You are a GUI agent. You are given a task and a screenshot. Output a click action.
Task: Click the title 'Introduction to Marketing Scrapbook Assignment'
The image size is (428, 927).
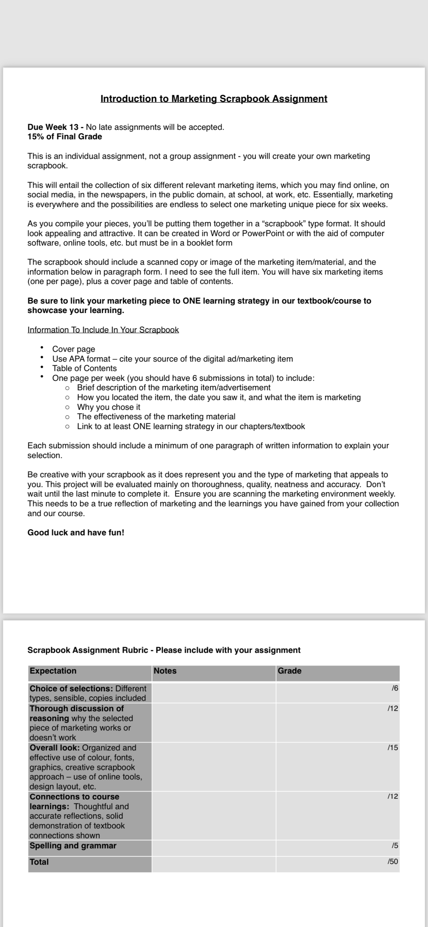214,99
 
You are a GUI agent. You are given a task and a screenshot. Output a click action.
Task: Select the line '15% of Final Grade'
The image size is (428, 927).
65,137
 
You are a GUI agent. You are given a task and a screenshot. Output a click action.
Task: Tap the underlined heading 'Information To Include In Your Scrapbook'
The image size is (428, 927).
103,330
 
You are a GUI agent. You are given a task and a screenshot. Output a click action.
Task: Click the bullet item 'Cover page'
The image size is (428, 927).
74,349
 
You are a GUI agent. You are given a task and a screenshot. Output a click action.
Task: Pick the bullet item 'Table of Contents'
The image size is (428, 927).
84,368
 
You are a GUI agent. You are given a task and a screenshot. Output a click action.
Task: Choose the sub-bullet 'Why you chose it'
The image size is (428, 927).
109,407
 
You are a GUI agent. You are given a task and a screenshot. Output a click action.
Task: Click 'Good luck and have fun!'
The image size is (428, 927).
76,533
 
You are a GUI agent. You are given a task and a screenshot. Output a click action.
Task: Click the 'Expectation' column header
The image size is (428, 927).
53,671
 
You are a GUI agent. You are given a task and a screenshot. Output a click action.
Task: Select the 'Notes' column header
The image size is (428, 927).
165,671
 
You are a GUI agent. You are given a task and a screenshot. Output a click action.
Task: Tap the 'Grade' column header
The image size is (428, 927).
289,671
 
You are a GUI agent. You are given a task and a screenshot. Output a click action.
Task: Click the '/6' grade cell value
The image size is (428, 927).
395,688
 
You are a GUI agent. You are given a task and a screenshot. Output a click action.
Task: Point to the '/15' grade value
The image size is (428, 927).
393,748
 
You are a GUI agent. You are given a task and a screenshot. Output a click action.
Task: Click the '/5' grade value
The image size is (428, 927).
395,846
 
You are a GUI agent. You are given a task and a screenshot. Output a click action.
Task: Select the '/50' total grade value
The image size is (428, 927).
393,862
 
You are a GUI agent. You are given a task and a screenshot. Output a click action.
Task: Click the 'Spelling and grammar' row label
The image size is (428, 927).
73,846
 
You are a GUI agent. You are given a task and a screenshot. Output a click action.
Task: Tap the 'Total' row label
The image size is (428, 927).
39,862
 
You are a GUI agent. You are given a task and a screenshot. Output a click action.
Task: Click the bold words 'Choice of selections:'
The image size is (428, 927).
71,689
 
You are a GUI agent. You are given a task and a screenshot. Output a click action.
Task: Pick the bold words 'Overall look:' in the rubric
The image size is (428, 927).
55,748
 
